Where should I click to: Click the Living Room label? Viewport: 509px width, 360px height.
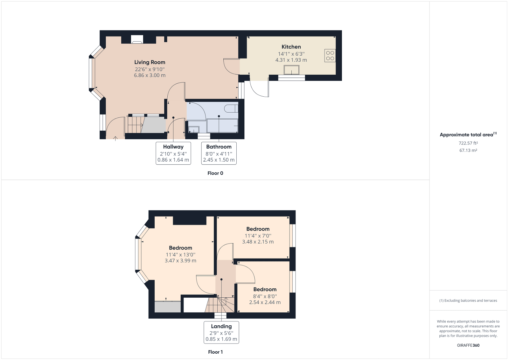click(150, 62)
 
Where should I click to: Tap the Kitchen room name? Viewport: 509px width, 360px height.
click(291, 47)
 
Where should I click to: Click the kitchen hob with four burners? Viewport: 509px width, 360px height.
click(330, 56)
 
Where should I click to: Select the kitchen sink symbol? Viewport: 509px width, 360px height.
click(291, 70)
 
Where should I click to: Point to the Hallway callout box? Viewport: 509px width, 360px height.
click(173, 153)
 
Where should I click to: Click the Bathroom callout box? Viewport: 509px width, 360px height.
click(219, 153)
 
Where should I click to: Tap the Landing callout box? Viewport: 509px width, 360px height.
click(221, 332)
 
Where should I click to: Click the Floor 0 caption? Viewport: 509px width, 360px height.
click(215, 173)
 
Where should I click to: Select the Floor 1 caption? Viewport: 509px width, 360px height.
click(215, 352)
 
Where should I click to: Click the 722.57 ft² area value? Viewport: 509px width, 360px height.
click(468, 143)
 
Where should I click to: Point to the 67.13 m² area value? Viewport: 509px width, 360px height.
click(468, 150)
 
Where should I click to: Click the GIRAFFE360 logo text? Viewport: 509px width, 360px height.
click(468, 345)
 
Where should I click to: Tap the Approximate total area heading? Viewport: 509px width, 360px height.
click(466, 135)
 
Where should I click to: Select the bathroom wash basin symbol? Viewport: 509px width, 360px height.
click(193, 129)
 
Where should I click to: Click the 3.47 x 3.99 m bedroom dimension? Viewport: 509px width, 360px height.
click(180, 261)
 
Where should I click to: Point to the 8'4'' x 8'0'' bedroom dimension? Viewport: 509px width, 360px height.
click(265, 296)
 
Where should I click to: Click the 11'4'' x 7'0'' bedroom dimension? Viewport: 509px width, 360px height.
click(258, 236)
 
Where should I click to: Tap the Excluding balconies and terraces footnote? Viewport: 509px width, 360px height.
click(468, 301)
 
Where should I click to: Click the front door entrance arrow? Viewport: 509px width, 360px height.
click(115, 138)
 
